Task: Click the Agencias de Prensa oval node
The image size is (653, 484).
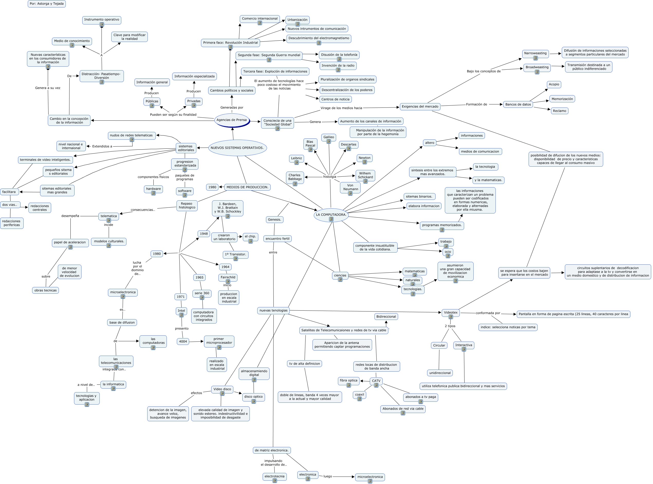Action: [x=232, y=120]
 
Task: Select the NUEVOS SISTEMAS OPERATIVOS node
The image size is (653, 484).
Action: [x=237, y=148]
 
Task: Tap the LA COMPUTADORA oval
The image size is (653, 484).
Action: [x=331, y=215]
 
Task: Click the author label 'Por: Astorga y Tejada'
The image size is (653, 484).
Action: [x=47, y=4]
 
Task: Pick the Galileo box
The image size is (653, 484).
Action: [x=329, y=137]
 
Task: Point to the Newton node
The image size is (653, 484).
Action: [x=364, y=158]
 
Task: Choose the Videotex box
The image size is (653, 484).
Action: [x=450, y=313]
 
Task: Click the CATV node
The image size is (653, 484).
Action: [x=376, y=381]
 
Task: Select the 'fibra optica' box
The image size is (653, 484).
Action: [x=348, y=381]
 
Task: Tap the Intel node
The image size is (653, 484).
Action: [x=181, y=311]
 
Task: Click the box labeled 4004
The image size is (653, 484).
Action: [x=183, y=342]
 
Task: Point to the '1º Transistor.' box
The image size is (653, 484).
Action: [x=235, y=254]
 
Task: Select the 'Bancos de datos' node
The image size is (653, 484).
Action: [x=518, y=105]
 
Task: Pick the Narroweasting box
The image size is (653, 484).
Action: [x=535, y=53]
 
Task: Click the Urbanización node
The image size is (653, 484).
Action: [x=297, y=20]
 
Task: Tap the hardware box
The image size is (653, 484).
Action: [x=153, y=189]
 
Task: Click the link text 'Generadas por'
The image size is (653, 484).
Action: [x=232, y=107]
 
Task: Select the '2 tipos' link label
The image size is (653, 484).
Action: [x=450, y=326]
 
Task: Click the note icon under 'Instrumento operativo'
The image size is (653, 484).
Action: [x=102, y=25]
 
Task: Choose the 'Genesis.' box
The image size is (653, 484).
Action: [x=274, y=220]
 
